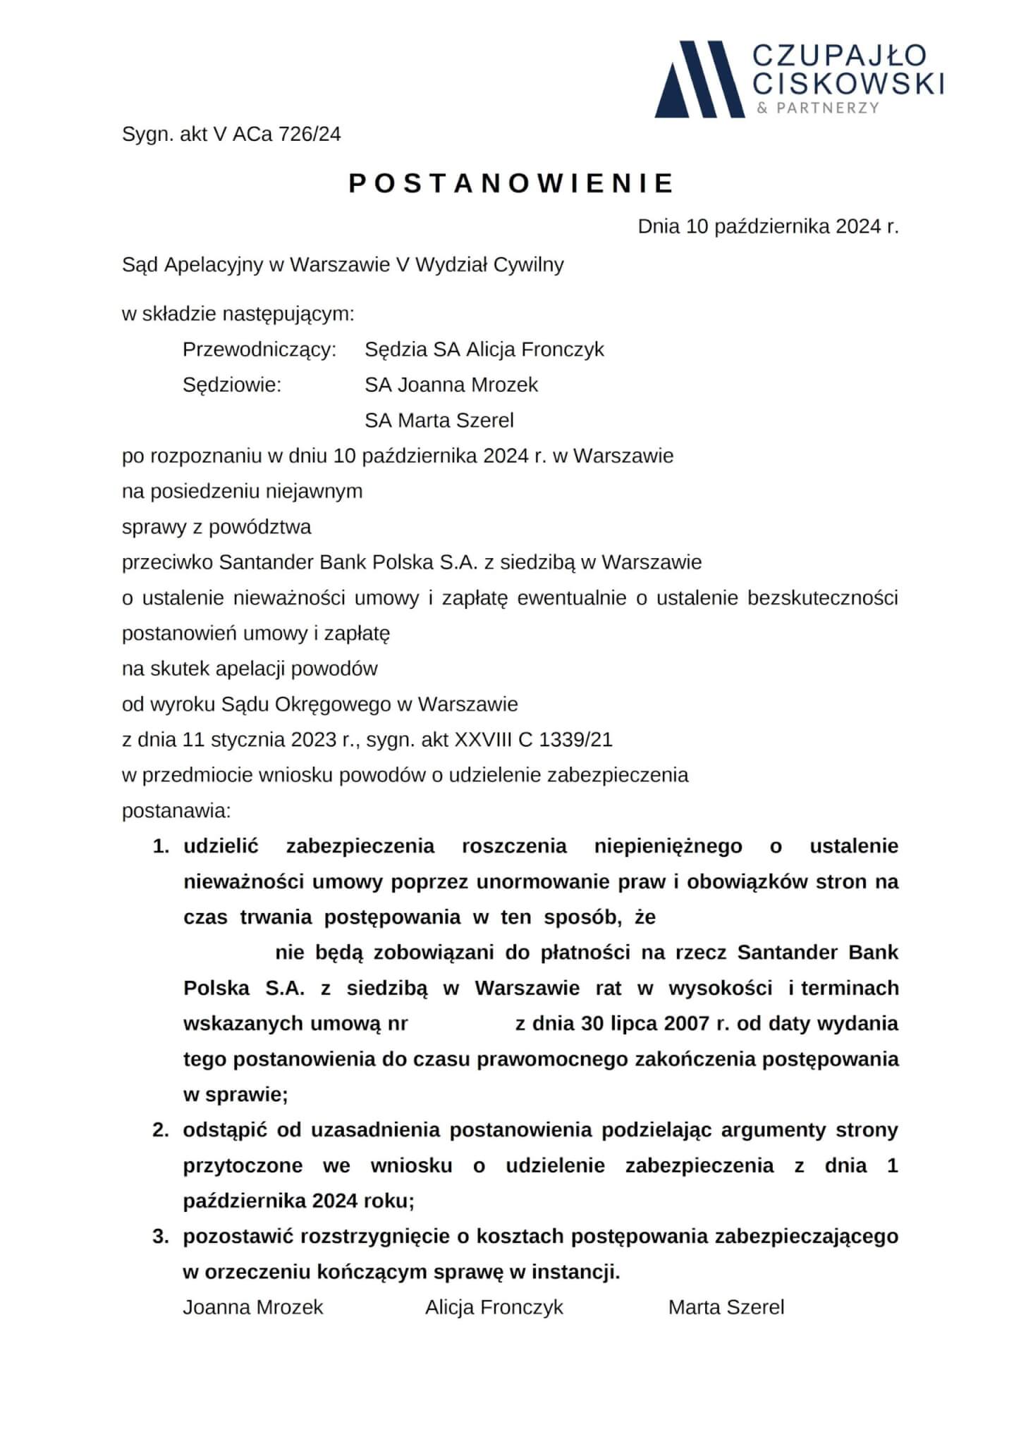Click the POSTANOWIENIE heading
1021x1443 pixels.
pos(512,183)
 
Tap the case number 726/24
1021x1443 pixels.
pos(310,134)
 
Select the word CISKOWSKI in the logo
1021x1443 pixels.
pos(848,84)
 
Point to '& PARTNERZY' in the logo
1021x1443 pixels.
pos(817,108)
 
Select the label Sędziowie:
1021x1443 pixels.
pos(232,385)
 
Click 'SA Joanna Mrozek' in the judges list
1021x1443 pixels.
pos(451,385)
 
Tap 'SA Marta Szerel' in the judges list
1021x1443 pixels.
pos(439,421)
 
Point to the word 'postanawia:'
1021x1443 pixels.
pos(176,810)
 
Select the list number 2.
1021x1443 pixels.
pos(161,1130)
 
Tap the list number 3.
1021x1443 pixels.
pos(161,1237)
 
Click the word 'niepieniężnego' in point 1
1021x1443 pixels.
pos(668,846)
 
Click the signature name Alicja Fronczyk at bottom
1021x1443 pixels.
pos(494,1308)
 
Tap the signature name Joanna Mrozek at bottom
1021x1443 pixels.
pos(253,1308)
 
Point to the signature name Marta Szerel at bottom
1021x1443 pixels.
pos(726,1308)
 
